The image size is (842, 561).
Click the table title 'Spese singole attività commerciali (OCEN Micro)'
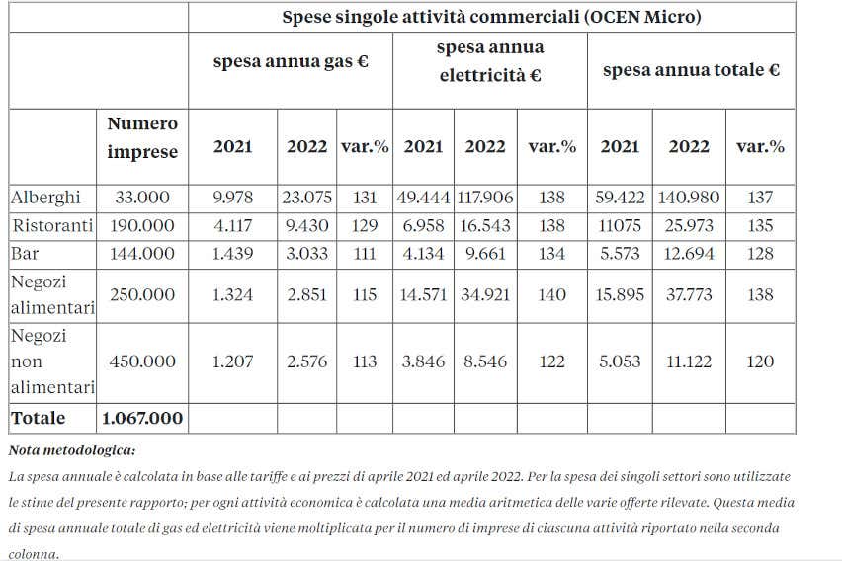491,17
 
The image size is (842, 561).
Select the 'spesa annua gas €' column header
291,60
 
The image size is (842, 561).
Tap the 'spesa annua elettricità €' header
489,61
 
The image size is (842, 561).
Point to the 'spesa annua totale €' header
691,70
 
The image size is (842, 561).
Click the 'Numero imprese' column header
143,137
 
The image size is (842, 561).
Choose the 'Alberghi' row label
45,198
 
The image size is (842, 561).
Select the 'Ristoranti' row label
51,226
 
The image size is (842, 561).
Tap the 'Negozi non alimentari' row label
52,361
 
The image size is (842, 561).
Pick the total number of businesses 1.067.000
143,418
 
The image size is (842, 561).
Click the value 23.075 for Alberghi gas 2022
308,198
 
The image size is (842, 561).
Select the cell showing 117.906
485,198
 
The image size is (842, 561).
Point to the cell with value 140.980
689,198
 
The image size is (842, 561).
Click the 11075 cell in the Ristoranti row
620,226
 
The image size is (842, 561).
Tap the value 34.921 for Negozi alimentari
485,294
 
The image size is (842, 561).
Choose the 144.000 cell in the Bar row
143,254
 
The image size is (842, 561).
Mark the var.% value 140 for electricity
551,294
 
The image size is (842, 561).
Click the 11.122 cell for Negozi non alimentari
689,361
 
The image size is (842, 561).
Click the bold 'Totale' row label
39,418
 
